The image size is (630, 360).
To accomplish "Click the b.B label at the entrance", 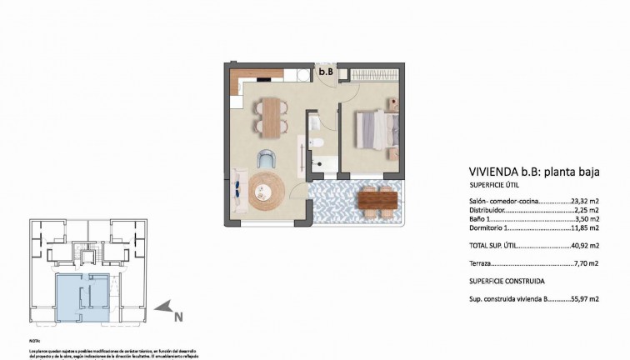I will pyautogui.click(x=327, y=72).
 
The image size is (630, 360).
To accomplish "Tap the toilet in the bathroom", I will pyautogui.click(x=317, y=147).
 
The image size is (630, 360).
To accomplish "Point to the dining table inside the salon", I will pyautogui.click(x=271, y=116).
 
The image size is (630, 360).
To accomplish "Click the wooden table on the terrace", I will pyautogui.click(x=377, y=200).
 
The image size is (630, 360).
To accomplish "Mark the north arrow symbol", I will pyautogui.click(x=166, y=308).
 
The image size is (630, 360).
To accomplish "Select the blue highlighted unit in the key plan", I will pyautogui.click(x=82, y=296).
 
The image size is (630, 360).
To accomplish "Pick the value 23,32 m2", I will pyautogui.click(x=586, y=202).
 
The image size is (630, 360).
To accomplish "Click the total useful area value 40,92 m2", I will pyautogui.click(x=586, y=245).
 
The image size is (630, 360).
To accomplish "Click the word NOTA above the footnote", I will pyautogui.click(x=34, y=342).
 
